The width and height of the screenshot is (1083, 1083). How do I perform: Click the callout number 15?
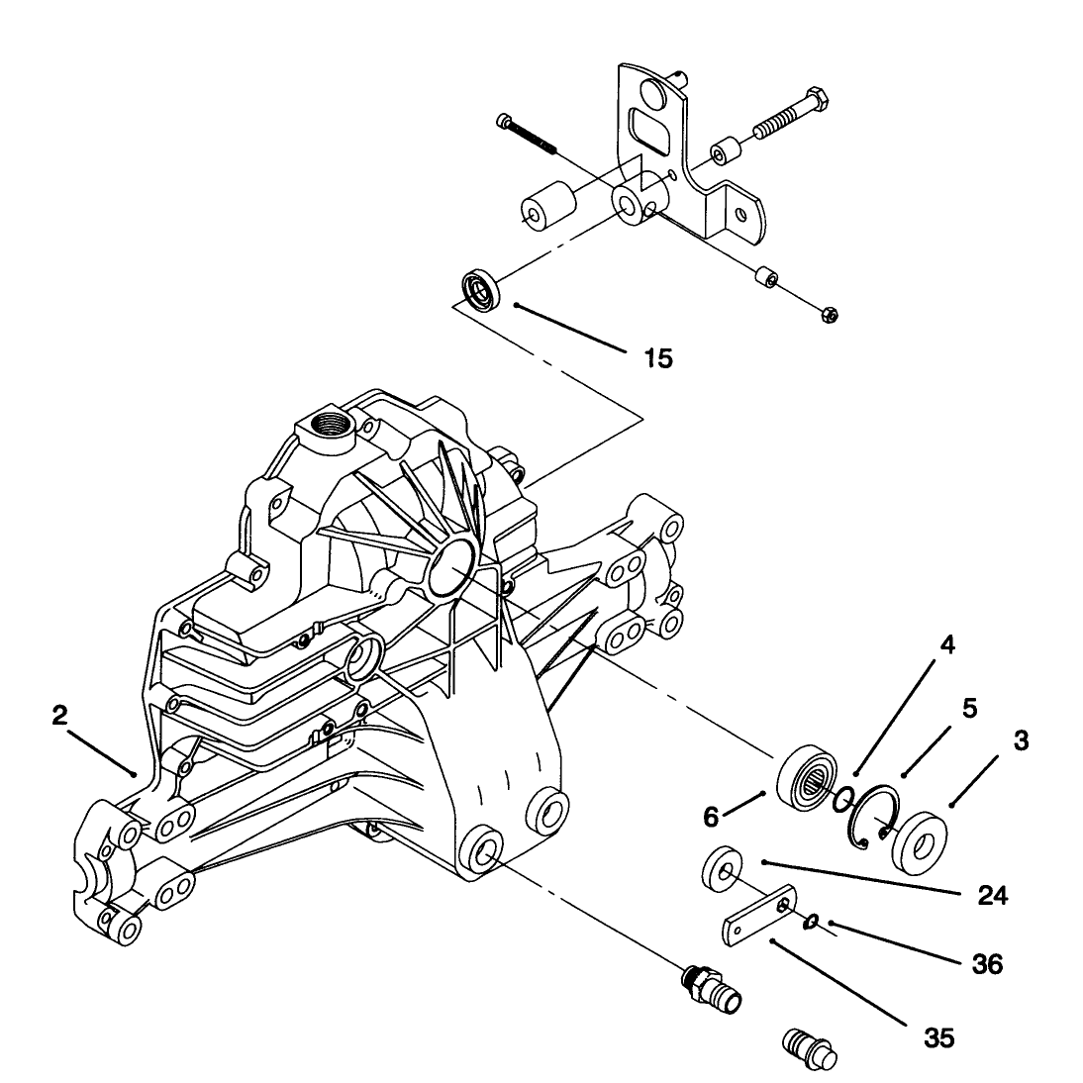point(657,358)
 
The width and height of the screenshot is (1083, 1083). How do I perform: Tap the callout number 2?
point(60,716)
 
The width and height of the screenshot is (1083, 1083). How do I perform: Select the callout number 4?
point(947,645)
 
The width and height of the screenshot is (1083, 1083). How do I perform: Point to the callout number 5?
point(970,708)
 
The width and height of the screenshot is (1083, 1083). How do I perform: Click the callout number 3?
point(1021,740)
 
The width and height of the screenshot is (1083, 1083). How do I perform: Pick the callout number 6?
point(712,817)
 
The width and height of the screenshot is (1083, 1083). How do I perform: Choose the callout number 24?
point(993,895)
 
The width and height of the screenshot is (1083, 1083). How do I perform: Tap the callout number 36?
point(987,963)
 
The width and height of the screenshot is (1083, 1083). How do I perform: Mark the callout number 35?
point(939,1037)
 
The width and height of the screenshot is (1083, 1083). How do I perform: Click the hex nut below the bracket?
point(831,315)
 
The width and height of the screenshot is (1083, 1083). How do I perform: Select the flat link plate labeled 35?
point(759,916)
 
